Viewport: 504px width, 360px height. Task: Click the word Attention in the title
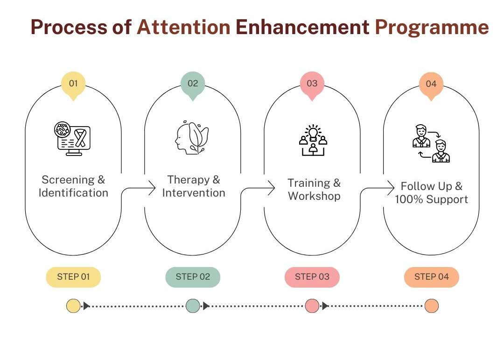click(x=183, y=27)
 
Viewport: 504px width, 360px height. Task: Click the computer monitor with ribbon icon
click(x=72, y=139)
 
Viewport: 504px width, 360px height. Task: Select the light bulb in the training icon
click(x=313, y=133)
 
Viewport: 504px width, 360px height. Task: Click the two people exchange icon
click(x=431, y=143)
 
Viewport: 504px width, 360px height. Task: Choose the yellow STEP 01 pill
click(x=73, y=277)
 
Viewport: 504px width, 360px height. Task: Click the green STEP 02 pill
click(x=193, y=277)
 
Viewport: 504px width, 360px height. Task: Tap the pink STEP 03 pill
click(x=312, y=277)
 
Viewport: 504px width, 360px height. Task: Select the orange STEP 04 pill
click(x=431, y=277)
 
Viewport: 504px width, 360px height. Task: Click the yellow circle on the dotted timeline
click(x=73, y=306)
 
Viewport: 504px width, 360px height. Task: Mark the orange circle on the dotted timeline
click(x=431, y=306)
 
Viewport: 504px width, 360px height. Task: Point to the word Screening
click(x=68, y=180)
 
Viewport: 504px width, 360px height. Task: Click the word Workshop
click(x=315, y=196)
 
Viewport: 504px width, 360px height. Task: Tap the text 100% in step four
click(x=409, y=199)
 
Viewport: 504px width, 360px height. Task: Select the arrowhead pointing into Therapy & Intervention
click(x=152, y=188)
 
